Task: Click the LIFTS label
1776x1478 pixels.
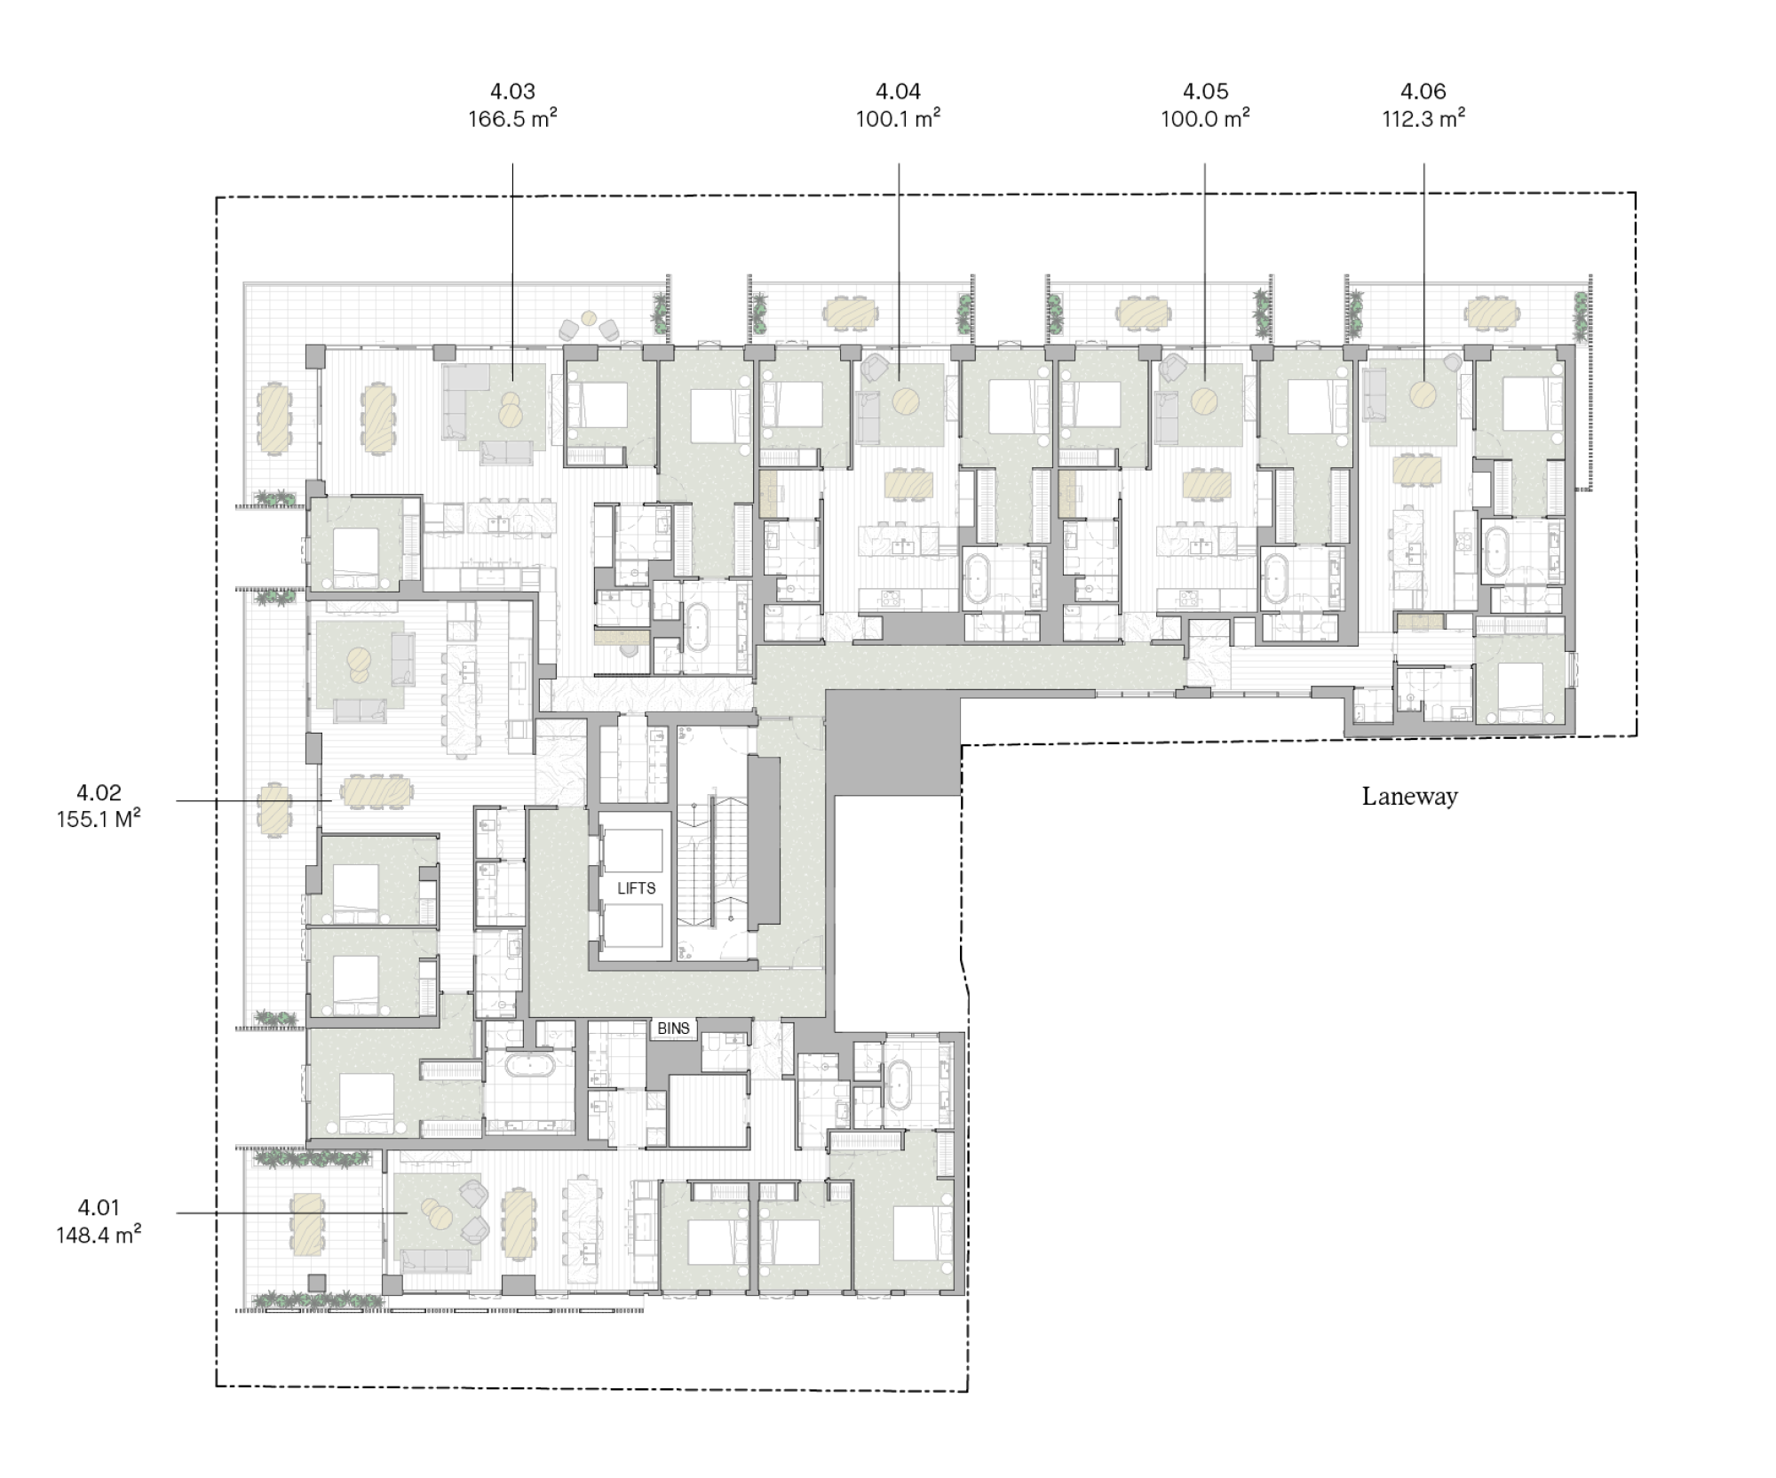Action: tap(636, 888)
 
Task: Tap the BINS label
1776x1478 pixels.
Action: tap(673, 1028)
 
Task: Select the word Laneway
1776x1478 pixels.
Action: tap(1409, 796)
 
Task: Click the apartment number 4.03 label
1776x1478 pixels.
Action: tap(512, 91)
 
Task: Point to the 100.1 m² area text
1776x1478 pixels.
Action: tap(898, 119)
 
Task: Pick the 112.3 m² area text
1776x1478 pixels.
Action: tap(1423, 119)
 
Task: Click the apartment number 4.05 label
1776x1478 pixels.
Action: tap(1205, 91)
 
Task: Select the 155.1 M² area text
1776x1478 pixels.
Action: tap(99, 819)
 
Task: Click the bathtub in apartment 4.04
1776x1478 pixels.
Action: tap(979, 578)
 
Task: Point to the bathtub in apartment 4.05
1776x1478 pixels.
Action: tap(1277, 578)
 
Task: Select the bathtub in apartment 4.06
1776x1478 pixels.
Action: tap(1498, 552)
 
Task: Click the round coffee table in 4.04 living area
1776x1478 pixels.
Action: tap(907, 401)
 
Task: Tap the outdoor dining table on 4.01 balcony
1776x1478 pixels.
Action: tap(308, 1222)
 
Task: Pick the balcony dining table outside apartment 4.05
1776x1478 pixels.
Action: tap(1141, 311)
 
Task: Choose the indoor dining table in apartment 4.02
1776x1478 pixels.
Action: tap(377, 790)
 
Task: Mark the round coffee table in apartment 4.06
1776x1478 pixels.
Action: tap(1423, 393)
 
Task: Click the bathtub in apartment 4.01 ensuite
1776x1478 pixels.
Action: tap(900, 1085)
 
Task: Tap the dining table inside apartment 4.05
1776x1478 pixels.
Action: tap(1206, 485)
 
